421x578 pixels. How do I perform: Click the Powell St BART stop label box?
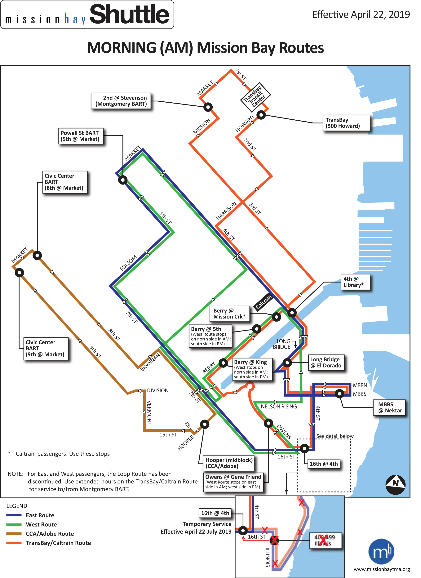click(x=81, y=136)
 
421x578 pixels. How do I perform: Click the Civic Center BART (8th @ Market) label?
click(x=65, y=182)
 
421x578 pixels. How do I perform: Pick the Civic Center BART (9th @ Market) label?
click(x=46, y=348)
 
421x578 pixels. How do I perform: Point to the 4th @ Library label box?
click(x=355, y=282)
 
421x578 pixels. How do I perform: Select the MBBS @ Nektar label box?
click(x=389, y=407)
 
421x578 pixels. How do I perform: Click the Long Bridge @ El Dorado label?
click(x=326, y=362)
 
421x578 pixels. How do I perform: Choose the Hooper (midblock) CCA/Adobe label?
click(x=229, y=463)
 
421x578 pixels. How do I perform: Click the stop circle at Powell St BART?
click(x=123, y=180)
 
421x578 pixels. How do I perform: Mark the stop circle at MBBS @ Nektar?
click(x=339, y=394)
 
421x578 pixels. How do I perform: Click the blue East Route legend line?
click(x=14, y=515)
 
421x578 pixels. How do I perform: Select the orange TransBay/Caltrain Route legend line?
click(x=14, y=543)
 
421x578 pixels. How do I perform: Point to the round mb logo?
click(x=381, y=552)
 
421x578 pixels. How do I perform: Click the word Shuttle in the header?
click(x=130, y=14)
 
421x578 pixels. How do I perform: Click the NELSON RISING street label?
click(x=279, y=407)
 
